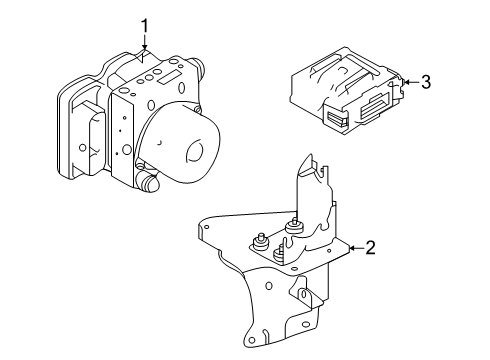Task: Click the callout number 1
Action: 144,25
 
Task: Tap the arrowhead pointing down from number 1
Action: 144,50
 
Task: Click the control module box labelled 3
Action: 340,90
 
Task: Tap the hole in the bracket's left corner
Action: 207,232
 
